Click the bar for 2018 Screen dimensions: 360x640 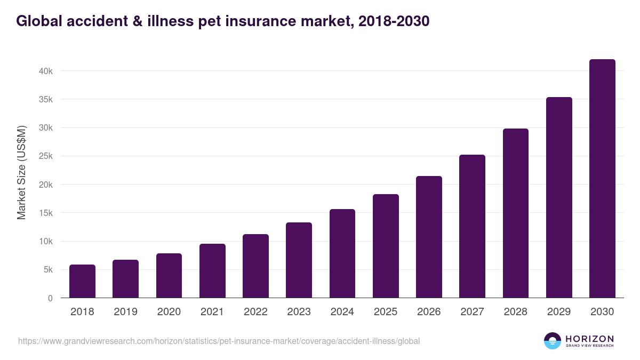(82, 281)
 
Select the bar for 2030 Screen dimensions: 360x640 (602, 179)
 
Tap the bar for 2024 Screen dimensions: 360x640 (342, 253)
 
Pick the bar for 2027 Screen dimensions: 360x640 (472, 226)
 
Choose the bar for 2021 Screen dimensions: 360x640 (212, 271)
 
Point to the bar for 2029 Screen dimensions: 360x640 (559, 197)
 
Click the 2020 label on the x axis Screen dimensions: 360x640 (169, 312)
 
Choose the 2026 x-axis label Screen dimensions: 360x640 (429, 312)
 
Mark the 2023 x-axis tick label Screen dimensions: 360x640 (299, 312)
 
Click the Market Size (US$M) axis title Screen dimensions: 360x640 (22, 172)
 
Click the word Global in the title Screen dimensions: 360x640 (38, 21)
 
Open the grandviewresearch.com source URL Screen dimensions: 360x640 (219, 341)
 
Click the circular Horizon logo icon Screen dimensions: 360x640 (553, 341)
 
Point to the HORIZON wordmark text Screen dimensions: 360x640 (589, 339)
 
